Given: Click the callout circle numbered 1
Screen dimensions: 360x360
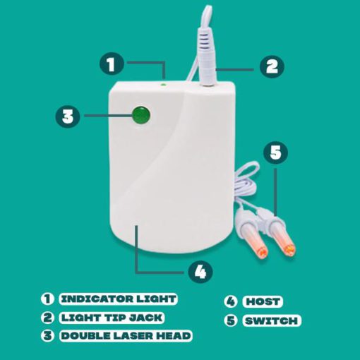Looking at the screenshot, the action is pyautogui.click(x=112, y=64).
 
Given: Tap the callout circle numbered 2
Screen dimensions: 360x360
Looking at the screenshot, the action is pyautogui.click(x=272, y=66).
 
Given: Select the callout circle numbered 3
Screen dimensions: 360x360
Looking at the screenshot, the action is pyautogui.click(x=68, y=116).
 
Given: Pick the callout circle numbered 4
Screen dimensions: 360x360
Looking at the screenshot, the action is pyautogui.click(x=200, y=272).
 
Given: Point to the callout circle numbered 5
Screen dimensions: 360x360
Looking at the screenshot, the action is pyautogui.click(x=275, y=152).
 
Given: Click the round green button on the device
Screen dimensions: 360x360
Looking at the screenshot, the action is pyautogui.click(x=141, y=115).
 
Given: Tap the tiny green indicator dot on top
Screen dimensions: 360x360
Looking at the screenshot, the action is pyautogui.click(x=163, y=84).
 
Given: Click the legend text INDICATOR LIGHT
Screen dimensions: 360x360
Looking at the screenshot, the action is pyautogui.click(x=119, y=299).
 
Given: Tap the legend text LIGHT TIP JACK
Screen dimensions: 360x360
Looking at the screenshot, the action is pyautogui.click(x=112, y=318).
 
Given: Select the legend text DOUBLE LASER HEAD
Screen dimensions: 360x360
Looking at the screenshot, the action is pyautogui.click(x=126, y=335).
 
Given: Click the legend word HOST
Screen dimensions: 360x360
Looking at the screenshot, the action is pyautogui.click(x=263, y=301).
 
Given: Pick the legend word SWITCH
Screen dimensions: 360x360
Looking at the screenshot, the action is pyautogui.click(x=271, y=320).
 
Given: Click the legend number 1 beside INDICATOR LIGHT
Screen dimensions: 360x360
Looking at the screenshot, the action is pyautogui.click(x=47, y=299).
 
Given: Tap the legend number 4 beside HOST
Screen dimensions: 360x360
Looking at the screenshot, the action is pyautogui.click(x=230, y=301).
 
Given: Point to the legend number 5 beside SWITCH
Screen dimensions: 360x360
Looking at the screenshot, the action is pyautogui.click(x=230, y=320).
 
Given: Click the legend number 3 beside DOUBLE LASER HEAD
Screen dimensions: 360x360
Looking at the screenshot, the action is pyautogui.click(x=47, y=335).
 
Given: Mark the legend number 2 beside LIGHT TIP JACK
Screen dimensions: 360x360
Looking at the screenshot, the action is pyautogui.click(x=47, y=317).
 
